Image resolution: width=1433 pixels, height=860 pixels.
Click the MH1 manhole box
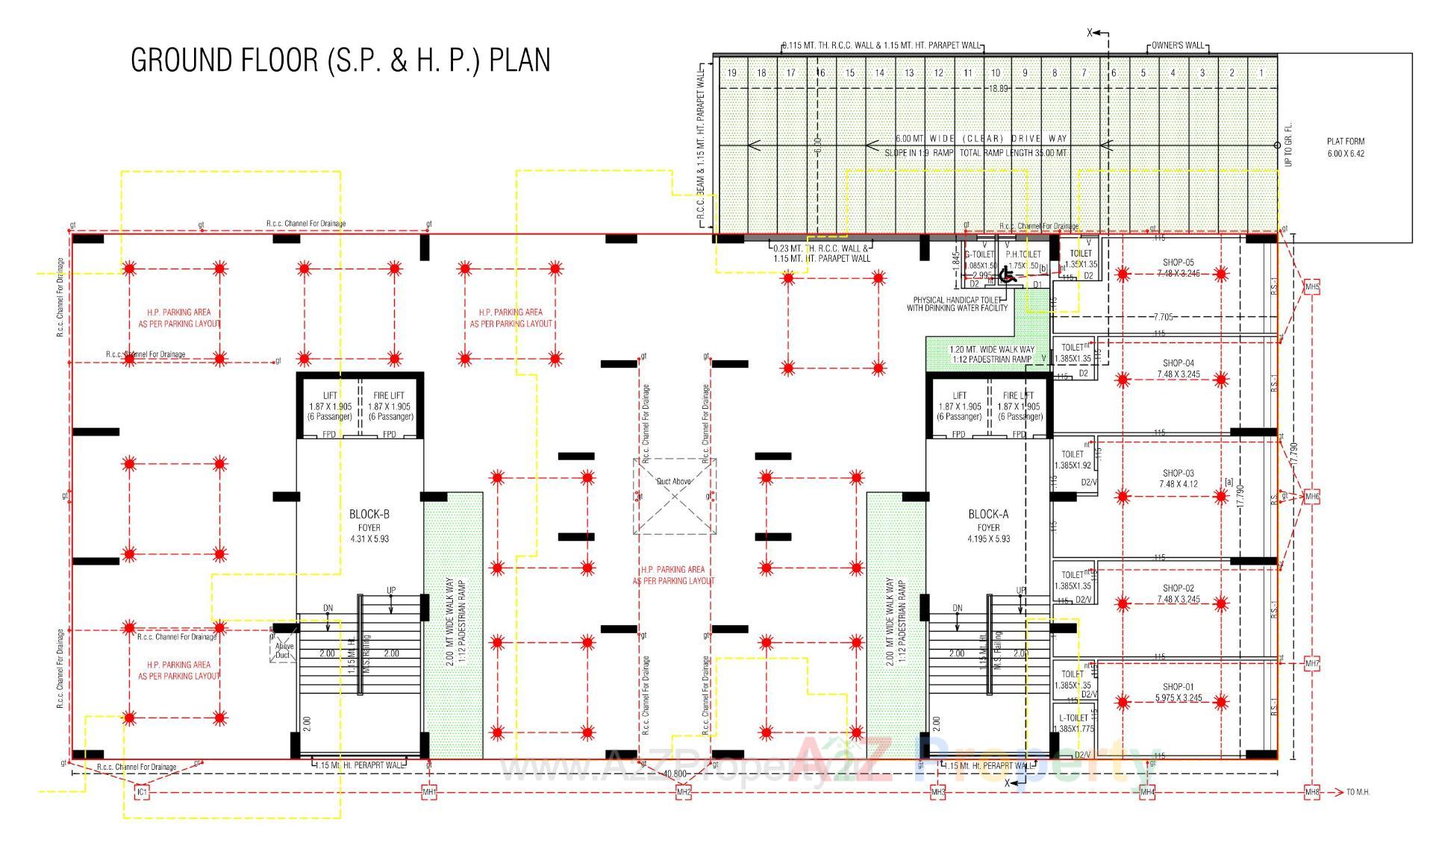(x=429, y=792)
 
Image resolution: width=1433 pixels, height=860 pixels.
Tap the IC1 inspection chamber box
(x=142, y=792)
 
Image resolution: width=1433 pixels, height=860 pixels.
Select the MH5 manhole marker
(x=1311, y=287)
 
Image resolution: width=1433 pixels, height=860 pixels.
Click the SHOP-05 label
(x=1178, y=263)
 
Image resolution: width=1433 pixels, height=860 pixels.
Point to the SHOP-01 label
(x=1178, y=687)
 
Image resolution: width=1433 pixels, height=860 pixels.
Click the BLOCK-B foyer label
(x=369, y=515)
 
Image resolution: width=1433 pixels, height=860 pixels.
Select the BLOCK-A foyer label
(x=988, y=515)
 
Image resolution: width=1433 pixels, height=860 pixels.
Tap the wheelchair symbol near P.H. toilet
(x=1006, y=275)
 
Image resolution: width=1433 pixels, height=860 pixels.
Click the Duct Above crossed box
(x=675, y=496)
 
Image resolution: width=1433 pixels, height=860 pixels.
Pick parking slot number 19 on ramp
(x=731, y=73)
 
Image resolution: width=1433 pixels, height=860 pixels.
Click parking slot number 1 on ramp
(x=1261, y=73)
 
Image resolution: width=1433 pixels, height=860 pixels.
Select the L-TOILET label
(x=1073, y=718)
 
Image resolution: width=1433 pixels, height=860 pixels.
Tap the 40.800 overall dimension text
(x=674, y=773)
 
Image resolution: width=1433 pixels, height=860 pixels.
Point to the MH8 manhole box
(x=1311, y=792)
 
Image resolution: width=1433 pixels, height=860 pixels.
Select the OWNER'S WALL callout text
(x=1178, y=45)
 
